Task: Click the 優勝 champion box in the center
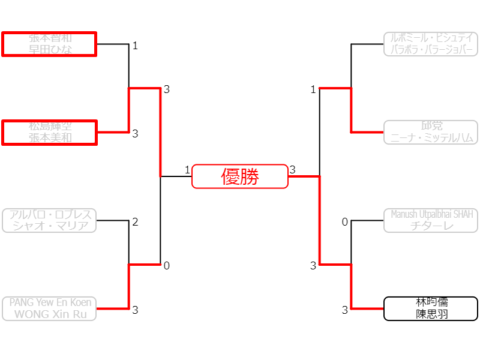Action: click(240, 176)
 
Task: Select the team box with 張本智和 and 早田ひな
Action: click(49, 44)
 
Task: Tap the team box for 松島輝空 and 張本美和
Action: click(49, 132)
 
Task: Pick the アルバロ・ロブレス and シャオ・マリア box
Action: click(49, 220)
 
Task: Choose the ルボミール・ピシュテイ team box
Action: click(431, 44)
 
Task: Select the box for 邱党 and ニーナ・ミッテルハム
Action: click(431, 132)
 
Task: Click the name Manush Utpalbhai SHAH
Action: click(431, 214)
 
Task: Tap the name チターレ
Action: click(431, 226)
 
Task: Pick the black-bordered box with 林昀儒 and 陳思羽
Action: click(431, 308)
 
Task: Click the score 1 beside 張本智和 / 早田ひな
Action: click(135, 46)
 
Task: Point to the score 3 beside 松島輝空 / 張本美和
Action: click(135, 134)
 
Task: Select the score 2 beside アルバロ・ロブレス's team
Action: click(135, 222)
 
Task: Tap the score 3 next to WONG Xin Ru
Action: click(135, 310)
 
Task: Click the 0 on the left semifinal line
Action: click(167, 266)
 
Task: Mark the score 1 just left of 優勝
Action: click(187, 170)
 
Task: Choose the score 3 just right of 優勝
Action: click(292, 170)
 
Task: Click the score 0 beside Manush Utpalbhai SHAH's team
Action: click(345, 223)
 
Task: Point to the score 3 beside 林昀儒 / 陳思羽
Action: click(345, 310)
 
